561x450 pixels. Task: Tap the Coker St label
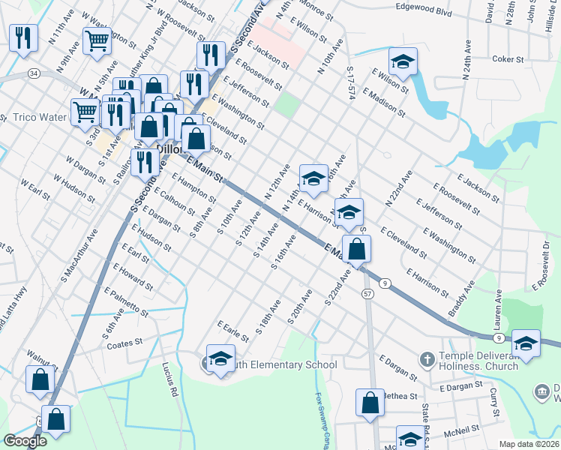point(511,58)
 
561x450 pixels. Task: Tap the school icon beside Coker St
point(403,62)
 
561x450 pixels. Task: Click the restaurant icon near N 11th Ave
point(24,37)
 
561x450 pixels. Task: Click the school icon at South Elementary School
point(221,360)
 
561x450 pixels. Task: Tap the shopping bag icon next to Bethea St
point(370,403)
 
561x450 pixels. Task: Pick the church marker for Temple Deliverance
point(427,359)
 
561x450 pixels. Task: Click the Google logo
point(25,441)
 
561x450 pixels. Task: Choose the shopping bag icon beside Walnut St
point(40,379)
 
